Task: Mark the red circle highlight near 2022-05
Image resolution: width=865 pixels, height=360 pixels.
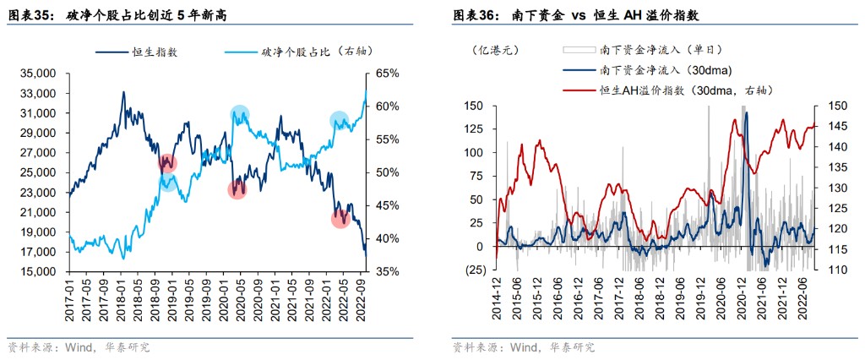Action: tap(340, 219)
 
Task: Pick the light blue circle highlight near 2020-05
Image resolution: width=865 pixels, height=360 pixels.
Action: tap(240, 114)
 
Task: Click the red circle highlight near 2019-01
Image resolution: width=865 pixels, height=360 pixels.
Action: tap(167, 164)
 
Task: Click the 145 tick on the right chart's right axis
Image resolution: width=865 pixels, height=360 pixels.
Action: tap(829, 127)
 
